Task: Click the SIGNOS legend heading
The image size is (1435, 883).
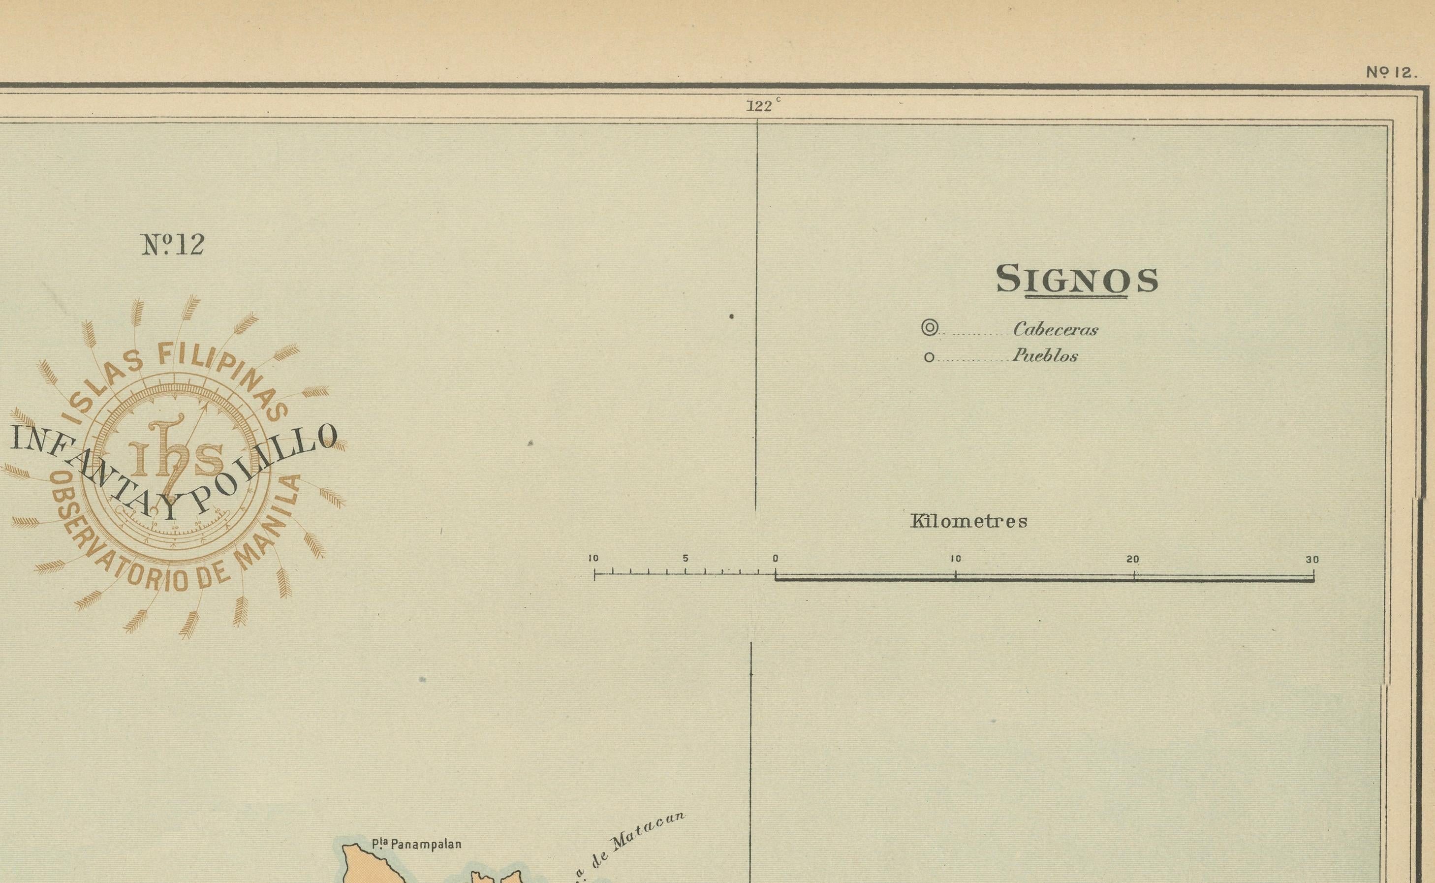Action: (x=1077, y=280)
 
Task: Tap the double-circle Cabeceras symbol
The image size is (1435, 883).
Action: (x=929, y=328)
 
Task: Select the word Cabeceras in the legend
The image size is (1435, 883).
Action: (x=1056, y=330)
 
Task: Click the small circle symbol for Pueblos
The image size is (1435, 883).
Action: (x=929, y=357)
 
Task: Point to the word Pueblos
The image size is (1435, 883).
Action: (x=1045, y=356)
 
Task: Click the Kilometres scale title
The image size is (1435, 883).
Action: (x=968, y=521)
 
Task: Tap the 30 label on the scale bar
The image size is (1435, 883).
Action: (x=1312, y=560)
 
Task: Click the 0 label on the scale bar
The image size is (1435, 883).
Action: (x=775, y=559)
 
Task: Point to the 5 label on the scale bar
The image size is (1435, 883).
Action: (x=686, y=559)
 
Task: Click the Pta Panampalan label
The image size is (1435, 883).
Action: (x=417, y=844)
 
